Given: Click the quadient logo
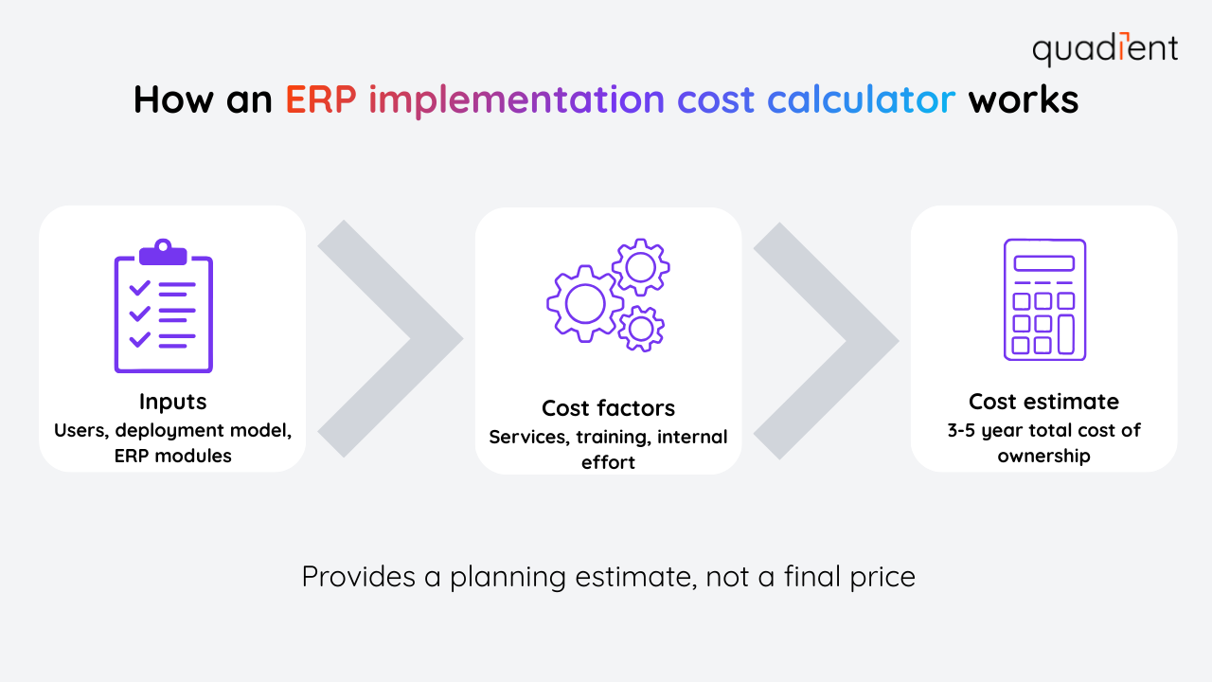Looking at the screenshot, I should [x=1105, y=49].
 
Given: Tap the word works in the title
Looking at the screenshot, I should [x=1023, y=99].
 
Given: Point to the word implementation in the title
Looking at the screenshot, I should [x=516, y=99].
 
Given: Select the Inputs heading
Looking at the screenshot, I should [x=172, y=402].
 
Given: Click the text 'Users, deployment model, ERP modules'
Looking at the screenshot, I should [x=172, y=442].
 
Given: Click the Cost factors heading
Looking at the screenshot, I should [x=608, y=408].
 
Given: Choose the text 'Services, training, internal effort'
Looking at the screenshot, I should [x=608, y=450].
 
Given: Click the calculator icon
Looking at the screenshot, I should [x=1043, y=299].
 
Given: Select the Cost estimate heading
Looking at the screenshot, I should [x=1043, y=401].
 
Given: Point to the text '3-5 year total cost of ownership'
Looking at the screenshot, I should [x=1043, y=442].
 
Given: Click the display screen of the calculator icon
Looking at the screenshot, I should [x=1043, y=263].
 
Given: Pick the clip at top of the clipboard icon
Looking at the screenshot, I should [x=163, y=252].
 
